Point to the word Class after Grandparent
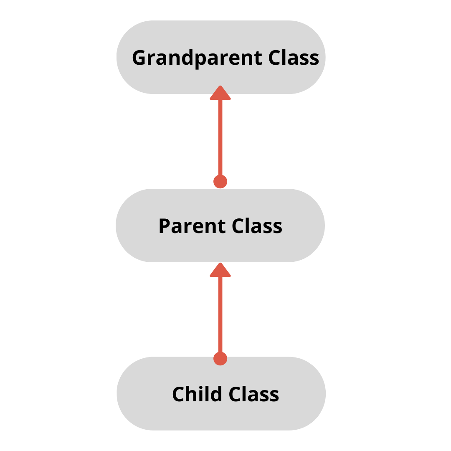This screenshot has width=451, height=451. click(294, 58)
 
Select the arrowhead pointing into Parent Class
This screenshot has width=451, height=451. click(220, 271)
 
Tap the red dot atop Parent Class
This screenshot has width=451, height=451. click(220, 182)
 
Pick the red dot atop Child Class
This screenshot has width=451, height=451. click(220, 358)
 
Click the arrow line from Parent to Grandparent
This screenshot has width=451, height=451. click(220, 138)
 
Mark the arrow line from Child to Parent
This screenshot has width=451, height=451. click(220, 315)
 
